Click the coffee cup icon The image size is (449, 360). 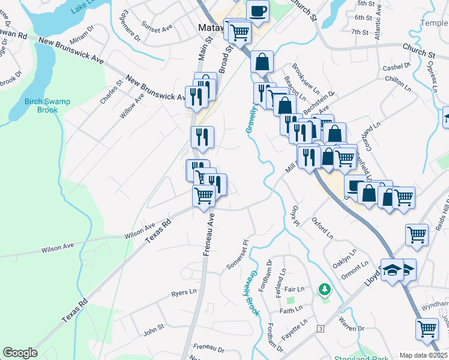[258, 10]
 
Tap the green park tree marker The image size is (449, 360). [325, 290]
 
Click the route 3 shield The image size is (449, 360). [321, 329]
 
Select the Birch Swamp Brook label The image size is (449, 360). [47, 106]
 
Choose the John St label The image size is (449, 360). [154, 329]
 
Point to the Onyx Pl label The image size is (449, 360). [295, 217]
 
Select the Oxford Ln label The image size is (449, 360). [322, 229]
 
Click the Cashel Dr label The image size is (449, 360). [396, 67]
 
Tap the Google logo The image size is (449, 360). [20, 353]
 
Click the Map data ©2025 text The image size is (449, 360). [423, 355]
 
